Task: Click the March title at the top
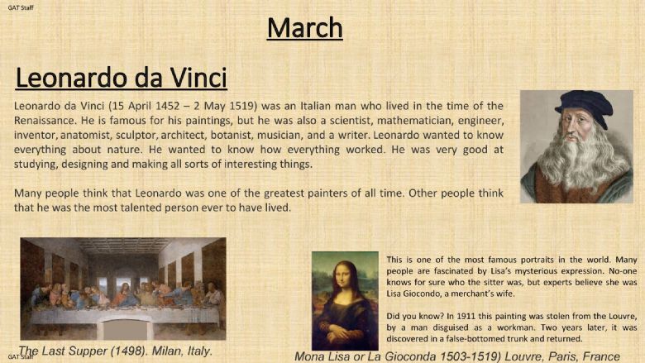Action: tap(305, 28)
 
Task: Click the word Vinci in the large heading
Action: tap(198, 78)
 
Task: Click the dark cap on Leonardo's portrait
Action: tap(585, 106)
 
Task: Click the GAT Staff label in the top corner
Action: tap(21, 7)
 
